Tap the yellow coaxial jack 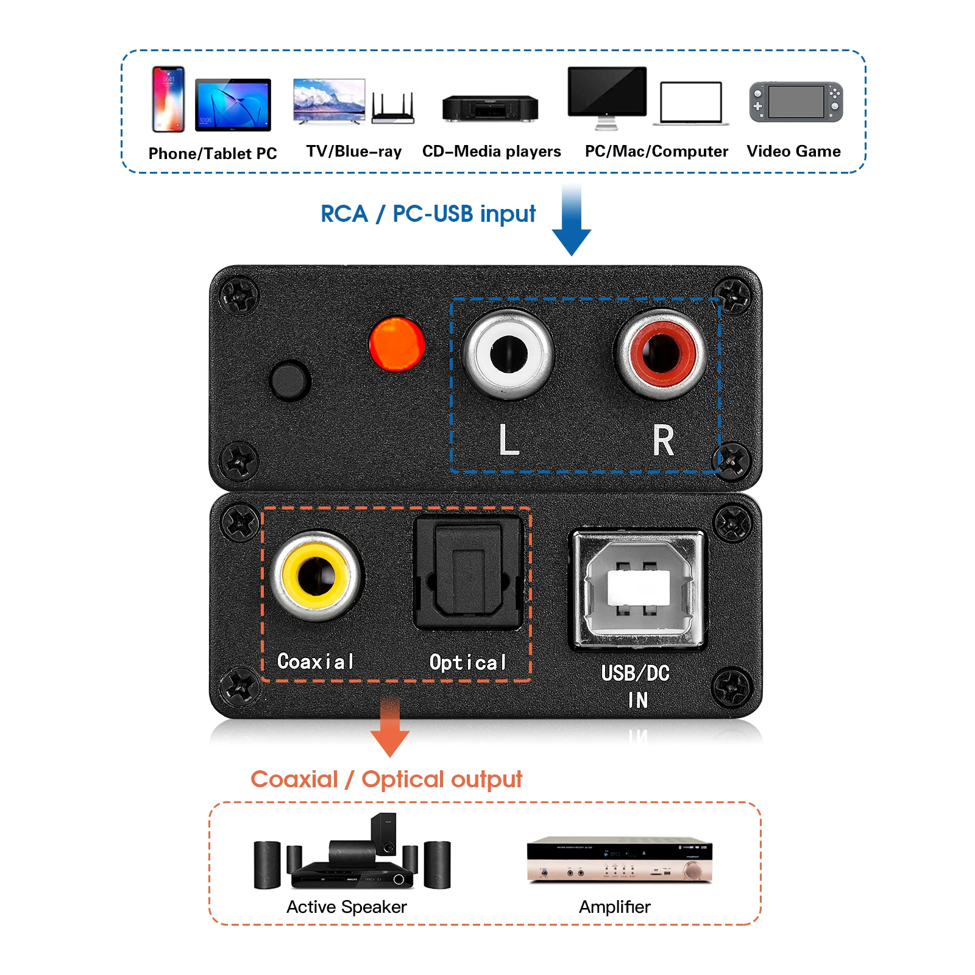[x=316, y=575]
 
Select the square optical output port [x=468, y=573]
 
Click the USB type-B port [x=637, y=588]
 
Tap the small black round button [x=289, y=380]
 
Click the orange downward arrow [x=390, y=728]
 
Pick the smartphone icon [x=168, y=99]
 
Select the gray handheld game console [x=796, y=102]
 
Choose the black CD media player [x=490, y=108]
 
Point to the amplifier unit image [x=619, y=859]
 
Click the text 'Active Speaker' [x=346, y=907]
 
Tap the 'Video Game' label [x=793, y=151]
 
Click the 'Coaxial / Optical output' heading [x=386, y=779]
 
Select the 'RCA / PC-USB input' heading [x=428, y=214]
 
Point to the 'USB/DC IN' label [x=636, y=686]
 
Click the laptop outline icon [x=690, y=104]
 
